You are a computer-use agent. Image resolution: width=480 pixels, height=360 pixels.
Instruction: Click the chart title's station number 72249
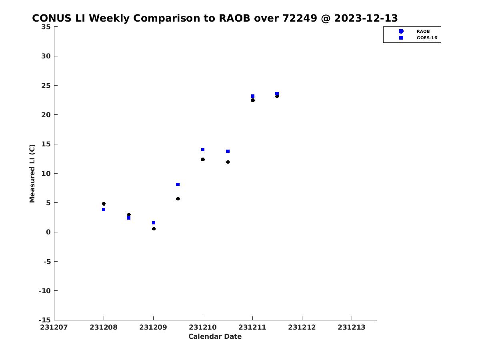tap(299, 18)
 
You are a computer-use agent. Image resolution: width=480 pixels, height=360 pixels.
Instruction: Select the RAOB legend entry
tap(413, 31)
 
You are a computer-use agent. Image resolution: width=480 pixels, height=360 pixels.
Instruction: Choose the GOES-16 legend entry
tap(418, 38)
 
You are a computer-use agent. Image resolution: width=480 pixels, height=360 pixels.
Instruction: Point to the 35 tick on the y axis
tap(46, 27)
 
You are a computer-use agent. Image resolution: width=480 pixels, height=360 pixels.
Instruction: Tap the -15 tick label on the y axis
tap(45, 320)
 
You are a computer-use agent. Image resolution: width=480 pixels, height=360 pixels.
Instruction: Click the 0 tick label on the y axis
tap(48, 232)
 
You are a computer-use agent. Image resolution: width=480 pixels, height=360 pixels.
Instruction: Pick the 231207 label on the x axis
tap(54, 328)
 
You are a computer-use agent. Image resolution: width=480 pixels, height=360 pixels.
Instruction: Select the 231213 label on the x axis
tap(352, 328)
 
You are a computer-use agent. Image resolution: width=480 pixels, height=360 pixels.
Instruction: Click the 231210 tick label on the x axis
tap(203, 328)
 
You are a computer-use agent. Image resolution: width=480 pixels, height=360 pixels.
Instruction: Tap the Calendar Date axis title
tap(215, 337)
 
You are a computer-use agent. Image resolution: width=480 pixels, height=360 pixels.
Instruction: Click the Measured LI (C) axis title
tap(32, 174)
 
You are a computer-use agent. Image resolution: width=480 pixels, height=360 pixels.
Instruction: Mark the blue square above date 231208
tap(104, 210)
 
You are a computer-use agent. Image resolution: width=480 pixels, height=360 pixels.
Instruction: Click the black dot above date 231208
tap(104, 204)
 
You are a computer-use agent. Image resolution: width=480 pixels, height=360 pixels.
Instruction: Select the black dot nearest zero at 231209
tap(154, 229)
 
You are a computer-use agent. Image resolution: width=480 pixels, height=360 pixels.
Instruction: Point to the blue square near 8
tap(178, 184)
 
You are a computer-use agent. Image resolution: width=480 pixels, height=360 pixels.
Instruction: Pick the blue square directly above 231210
tap(203, 150)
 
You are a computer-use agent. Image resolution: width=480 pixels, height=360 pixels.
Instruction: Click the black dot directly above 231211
tap(253, 100)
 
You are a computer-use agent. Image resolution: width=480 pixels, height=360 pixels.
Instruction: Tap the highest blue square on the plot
tap(277, 94)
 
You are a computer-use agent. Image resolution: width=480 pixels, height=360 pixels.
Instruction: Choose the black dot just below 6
tap(178, 199)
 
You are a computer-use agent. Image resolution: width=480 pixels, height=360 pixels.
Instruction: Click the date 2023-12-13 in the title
tap(366, 18)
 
